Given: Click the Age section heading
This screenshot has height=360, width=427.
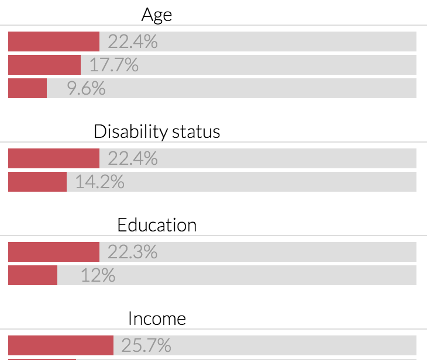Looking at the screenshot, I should coord(157,15).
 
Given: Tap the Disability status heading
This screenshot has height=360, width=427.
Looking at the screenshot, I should coord(157,131).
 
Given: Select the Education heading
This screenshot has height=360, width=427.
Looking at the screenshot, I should coord(157,225).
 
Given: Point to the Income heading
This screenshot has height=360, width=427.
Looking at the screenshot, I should coord(157,319).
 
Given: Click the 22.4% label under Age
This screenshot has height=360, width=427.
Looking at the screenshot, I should coord(133,41).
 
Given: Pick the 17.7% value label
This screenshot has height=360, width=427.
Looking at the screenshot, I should coord(114,65).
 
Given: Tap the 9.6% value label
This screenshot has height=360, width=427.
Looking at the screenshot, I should coord(86,88).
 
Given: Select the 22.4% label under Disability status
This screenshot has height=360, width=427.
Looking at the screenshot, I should coord(133,158).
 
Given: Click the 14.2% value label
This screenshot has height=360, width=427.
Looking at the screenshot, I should coord(100,182).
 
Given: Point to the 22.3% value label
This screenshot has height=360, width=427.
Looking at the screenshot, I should coord(133,252).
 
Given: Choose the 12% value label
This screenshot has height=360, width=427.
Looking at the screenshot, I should coord(98,275).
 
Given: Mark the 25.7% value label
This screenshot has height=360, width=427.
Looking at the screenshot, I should coord(146,345).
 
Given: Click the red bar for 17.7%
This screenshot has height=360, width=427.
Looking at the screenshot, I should coord(44,65).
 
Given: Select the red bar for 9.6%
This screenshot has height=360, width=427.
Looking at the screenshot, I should coord(27,88).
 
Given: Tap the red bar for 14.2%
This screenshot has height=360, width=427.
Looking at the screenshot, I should coord(37,182).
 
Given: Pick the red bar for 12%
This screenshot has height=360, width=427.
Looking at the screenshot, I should coord(33,275).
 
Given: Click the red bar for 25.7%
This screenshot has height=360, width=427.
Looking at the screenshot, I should coord(61,345).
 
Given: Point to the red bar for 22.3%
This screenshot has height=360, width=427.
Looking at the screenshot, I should coord(54,252).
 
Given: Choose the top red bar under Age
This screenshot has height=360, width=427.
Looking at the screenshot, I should coord(54,41).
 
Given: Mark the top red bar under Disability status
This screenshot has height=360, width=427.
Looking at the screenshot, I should coord(54,158).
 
